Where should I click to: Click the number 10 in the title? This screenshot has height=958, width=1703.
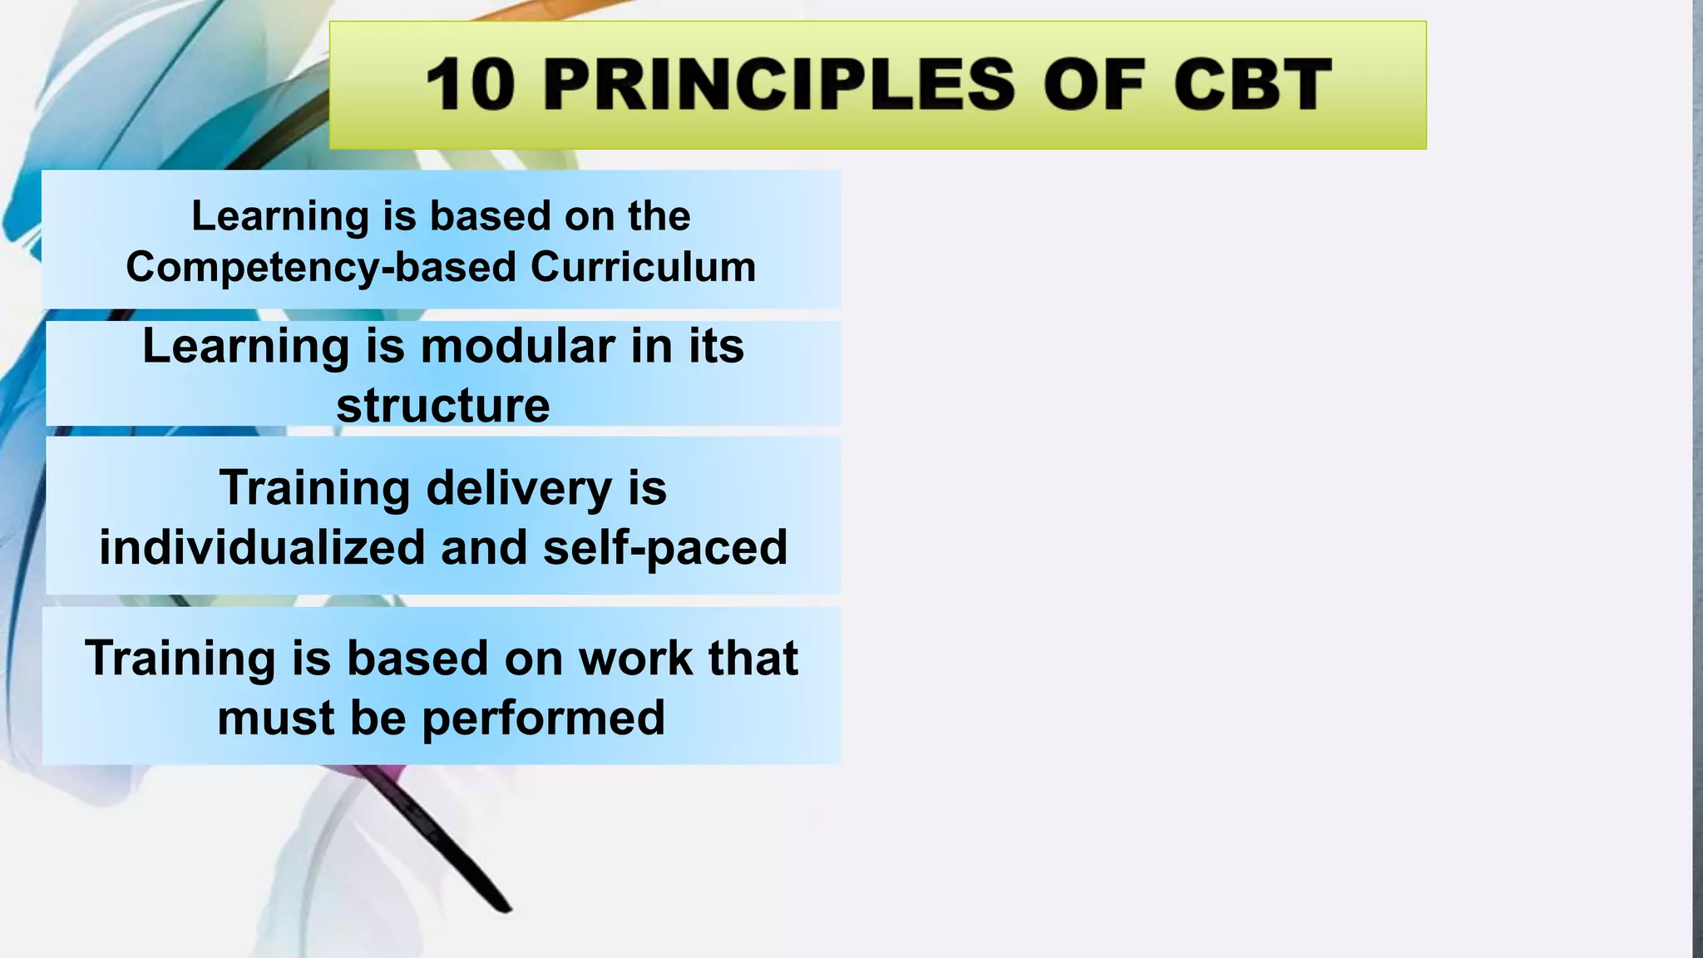470,85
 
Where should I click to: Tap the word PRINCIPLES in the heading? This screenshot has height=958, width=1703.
779,85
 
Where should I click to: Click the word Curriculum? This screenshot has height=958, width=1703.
643,268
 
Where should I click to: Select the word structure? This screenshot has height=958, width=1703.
442,406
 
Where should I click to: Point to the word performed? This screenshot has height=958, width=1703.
543,718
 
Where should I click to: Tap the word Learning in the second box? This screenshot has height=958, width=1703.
246,346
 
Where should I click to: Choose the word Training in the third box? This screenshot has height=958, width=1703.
314,488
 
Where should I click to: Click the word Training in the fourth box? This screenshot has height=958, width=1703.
180,659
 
